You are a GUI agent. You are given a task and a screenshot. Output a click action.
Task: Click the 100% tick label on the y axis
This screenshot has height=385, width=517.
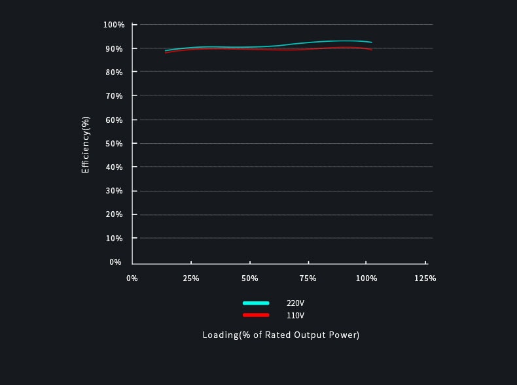114,25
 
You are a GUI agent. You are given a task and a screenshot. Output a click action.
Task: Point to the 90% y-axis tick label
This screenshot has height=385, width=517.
114,48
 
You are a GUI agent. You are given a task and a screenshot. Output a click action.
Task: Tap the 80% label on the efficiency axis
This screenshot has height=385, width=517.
114,72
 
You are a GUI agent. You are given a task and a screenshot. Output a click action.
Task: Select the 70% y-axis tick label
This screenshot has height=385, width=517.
114,96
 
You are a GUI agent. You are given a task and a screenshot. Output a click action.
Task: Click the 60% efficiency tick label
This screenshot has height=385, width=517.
114,120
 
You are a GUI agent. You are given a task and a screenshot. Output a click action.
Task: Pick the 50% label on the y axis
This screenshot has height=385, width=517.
114,143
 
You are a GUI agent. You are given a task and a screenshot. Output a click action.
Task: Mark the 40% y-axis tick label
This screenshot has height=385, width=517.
114,167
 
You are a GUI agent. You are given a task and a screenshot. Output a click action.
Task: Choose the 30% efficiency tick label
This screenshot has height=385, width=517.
114,191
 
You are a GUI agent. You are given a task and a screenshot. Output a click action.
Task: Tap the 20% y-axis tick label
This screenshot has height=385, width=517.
114,214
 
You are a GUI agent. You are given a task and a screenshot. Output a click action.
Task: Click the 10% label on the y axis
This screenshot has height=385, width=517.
114,238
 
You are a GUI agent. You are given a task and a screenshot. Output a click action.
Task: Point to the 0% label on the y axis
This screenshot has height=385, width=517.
116,262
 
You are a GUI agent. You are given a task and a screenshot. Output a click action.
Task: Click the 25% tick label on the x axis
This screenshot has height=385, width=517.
191,278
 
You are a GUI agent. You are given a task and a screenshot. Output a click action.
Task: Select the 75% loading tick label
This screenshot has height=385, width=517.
308,278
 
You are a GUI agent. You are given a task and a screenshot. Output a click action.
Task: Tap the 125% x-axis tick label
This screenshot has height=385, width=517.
425,278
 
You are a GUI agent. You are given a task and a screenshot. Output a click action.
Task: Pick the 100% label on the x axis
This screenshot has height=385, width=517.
366,278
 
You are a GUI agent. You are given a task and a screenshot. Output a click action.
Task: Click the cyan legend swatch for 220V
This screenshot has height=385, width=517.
256,303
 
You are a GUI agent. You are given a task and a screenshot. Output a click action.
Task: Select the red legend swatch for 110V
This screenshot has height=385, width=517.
256,315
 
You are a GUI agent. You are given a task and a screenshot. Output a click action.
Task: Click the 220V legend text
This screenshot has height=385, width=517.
295,303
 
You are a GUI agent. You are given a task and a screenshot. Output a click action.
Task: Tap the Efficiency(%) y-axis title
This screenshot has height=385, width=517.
86,144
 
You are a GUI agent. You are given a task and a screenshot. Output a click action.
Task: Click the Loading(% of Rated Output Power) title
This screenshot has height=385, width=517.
281,335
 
